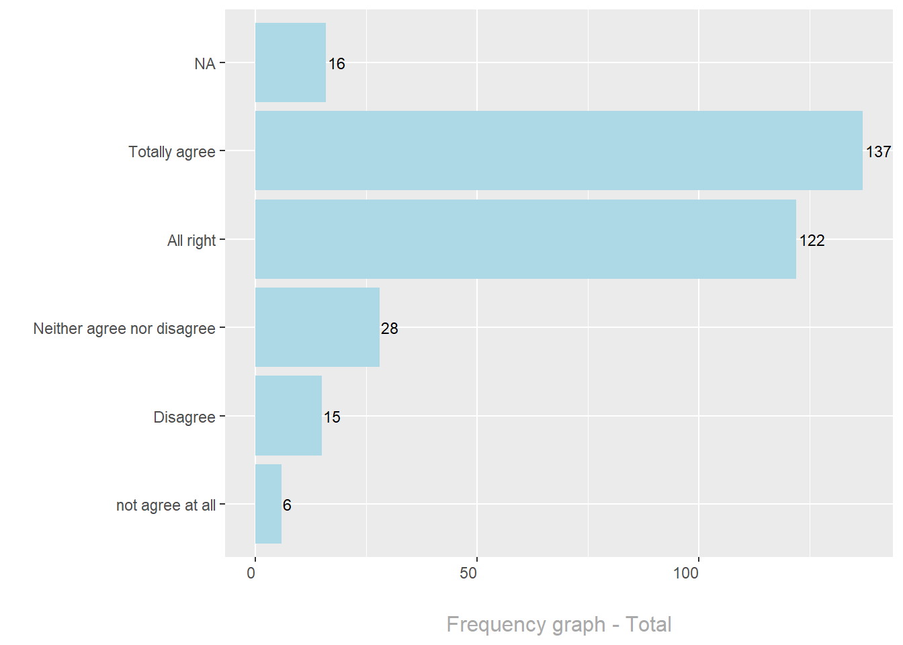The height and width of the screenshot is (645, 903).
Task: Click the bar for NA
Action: coord(290,62)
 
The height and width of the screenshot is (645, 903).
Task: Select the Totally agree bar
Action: coord(558,150)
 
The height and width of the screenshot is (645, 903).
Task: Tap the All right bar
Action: coord(525,239)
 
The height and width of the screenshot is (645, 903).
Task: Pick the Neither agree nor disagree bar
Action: coord(317,327)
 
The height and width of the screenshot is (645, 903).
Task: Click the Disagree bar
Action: coord(288,416)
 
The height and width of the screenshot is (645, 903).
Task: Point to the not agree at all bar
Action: coord(268,504)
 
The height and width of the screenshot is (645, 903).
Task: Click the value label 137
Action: coord(878,152)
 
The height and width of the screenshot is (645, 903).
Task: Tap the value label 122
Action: coord(812,241)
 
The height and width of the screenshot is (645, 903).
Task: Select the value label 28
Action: coord(390,329)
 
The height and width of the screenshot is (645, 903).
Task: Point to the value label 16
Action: coord(337,64)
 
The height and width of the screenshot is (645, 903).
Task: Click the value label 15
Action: coord(332,417)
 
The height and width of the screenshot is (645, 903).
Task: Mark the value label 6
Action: coord(287,505)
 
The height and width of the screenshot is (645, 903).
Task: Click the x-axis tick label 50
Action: coord(468,573)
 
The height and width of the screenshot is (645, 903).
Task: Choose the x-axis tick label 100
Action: coord(686,573)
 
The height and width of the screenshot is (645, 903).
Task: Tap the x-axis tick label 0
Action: coord(251,573)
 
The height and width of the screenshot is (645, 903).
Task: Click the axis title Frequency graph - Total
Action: coord(559,624)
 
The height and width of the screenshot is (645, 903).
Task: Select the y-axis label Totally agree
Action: coord(172,152)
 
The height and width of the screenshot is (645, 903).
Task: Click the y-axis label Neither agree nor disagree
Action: coord(124,329)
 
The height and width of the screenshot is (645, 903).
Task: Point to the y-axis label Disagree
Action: coord(184,417)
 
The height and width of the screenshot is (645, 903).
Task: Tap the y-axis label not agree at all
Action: coord(166,505)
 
